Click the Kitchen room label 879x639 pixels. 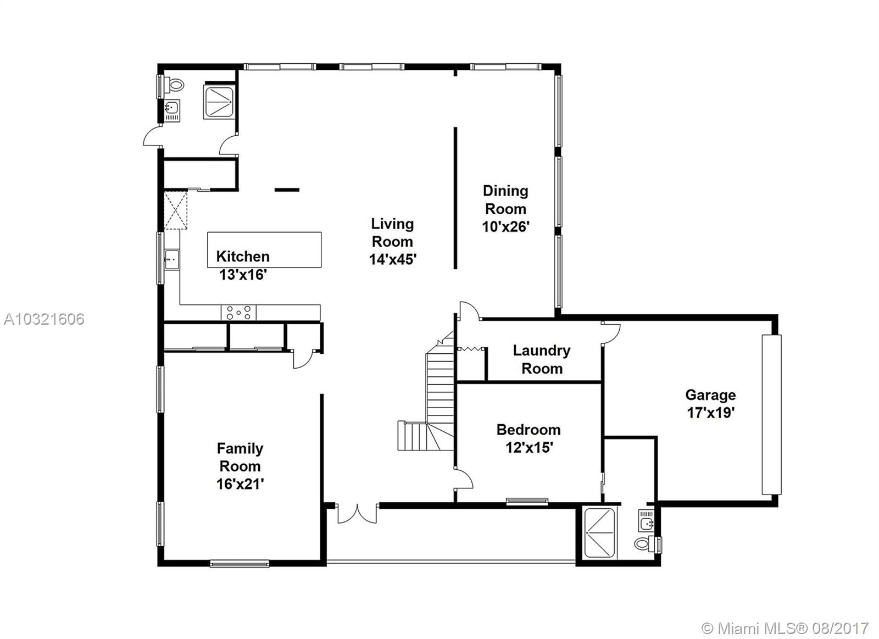[x=243, y=256]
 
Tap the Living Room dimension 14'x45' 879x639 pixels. [x=392, y=259]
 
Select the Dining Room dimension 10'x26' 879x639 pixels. [x=506, y=226]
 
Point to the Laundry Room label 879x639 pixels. [x=542, y=359]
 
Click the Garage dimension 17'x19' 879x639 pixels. [x=711, y=413]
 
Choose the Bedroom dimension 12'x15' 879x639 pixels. [x=530, y=447]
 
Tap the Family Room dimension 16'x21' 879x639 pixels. [x=240, y=484]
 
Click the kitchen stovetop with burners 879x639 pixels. [x=238, y=313]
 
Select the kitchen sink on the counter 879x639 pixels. [x=172, y=259]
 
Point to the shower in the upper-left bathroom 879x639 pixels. [x=219, y=102]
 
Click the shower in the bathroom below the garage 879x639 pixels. [x=599, y=532]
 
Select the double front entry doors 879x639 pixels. [x=357, y=514]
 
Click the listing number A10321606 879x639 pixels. [x=44, y=319]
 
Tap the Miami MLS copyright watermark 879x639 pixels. [x=785, y=629]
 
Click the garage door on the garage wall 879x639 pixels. [x=771, y=414]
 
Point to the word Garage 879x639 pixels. [x=711, y=395]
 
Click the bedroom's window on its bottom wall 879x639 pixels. [x=527, y=501]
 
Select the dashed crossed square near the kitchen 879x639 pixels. [x=175, y=210]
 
